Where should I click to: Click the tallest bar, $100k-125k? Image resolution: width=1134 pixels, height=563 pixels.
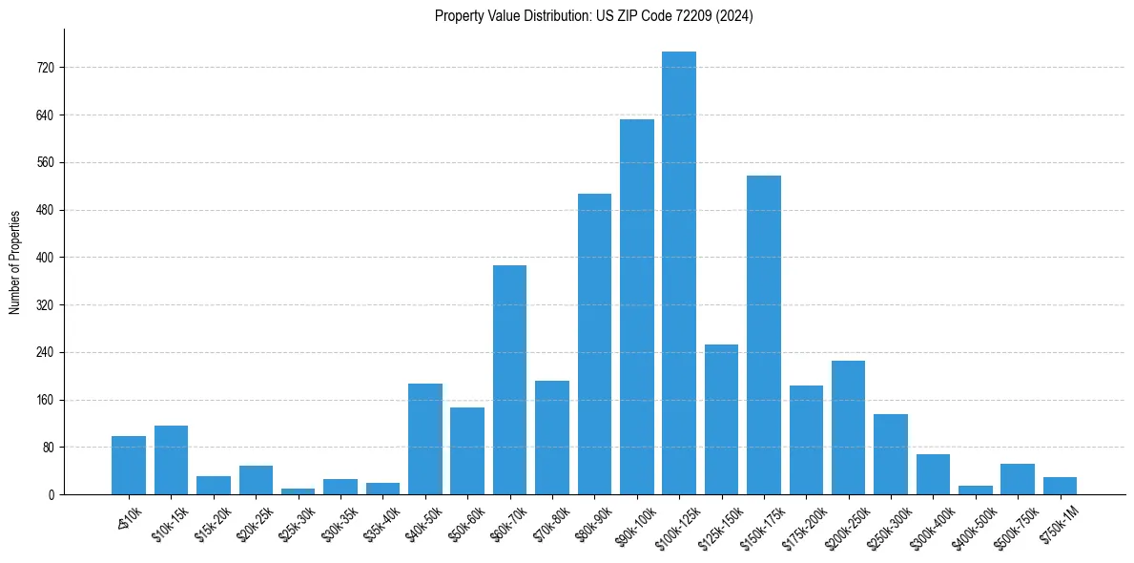(679, 273)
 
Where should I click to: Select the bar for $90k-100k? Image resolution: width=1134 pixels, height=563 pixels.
(637, 306)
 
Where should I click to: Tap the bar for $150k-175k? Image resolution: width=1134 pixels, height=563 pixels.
(764, 335)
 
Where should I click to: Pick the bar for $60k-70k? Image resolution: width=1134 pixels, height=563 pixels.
(509, 380)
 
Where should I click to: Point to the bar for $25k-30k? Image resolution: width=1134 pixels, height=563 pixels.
(298, 491)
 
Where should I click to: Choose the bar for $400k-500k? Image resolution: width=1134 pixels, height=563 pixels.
(976, 490)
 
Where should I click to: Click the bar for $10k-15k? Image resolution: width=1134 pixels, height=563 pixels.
(171, 460)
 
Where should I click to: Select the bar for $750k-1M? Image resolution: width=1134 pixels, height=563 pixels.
(1060, 486)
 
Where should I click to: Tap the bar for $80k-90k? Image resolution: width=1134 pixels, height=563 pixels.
(594, 344)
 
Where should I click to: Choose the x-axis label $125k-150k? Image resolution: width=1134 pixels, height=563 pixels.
(719, 526)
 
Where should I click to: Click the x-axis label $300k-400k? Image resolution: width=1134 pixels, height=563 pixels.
(931, 526)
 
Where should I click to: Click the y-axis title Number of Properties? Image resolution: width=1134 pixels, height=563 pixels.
(15, 261)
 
